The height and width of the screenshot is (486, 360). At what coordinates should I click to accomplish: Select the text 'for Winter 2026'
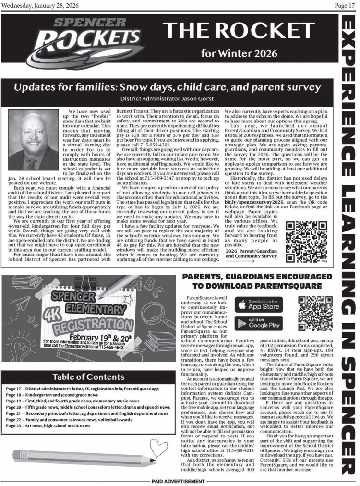coord(246,53)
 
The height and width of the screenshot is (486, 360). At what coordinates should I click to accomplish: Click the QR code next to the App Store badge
coord(315,314)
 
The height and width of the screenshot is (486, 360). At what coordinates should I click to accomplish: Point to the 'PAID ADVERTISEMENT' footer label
coord(180,481)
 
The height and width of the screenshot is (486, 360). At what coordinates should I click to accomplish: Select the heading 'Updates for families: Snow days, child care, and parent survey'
coord(168,87)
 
